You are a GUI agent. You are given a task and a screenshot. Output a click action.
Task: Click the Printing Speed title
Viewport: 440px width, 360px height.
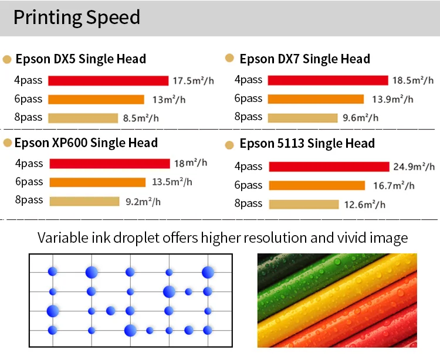[76, 17]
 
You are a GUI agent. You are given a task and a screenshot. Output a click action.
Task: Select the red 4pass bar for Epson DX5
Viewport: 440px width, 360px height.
[109, 81]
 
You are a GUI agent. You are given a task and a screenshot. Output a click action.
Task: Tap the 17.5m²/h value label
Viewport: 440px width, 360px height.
[193, 80]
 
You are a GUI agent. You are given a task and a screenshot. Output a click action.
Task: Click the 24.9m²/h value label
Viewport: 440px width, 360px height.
[418, 167]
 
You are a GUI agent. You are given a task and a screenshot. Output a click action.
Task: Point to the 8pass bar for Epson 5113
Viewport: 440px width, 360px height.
[304, 205]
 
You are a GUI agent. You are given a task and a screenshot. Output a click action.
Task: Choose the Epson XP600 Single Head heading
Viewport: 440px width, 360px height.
[86, 142]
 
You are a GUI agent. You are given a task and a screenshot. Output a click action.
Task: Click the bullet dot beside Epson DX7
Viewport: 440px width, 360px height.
[229, 58]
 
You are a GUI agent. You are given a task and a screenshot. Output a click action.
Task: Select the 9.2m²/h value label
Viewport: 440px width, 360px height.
[143, 202]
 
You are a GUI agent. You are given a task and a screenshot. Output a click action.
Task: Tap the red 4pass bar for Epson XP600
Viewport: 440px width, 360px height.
[110, 164]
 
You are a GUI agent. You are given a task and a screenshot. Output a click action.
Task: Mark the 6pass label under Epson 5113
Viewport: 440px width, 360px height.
[248, 185]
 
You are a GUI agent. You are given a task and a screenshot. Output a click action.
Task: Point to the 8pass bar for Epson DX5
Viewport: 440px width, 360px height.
[83, 118]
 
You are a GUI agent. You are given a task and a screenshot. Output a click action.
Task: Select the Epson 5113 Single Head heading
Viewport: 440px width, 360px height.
[307, 144]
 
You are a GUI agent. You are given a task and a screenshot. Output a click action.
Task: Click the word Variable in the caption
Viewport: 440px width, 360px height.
[62, 238]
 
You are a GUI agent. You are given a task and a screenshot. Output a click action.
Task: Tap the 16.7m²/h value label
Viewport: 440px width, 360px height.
[394, 186]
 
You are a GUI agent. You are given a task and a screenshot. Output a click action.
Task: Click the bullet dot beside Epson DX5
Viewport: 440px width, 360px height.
[7, 59]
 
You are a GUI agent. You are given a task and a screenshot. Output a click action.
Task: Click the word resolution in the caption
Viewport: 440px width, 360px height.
[270, 238]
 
